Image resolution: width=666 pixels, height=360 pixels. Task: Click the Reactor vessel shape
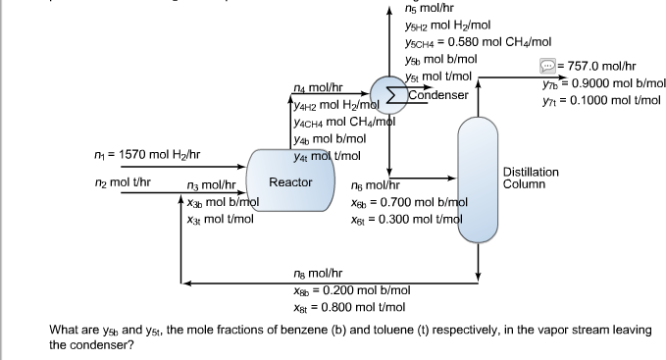click(x=290, y=181)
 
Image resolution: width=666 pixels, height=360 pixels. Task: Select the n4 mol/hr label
click(x=319, y=88)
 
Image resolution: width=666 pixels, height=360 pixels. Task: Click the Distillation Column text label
click(x=531, y=178)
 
